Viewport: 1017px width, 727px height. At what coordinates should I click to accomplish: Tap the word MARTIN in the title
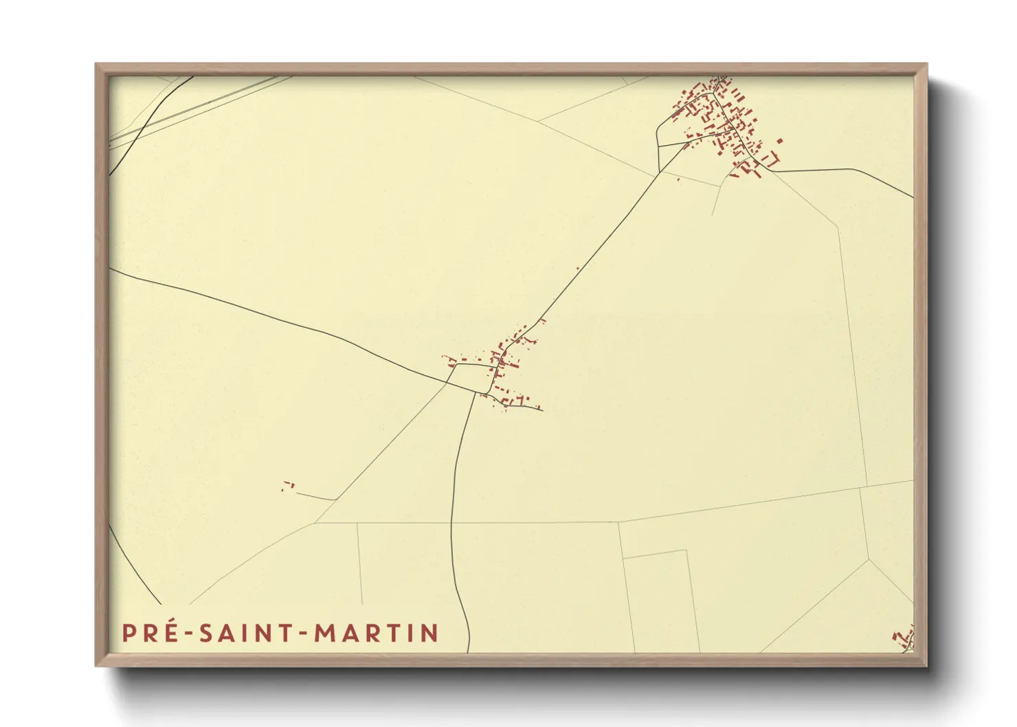377,633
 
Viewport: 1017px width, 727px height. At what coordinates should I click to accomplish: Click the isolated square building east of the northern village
779,141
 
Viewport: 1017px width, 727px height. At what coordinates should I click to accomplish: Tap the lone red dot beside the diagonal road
578,268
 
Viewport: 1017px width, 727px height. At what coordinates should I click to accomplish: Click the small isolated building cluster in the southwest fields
288,486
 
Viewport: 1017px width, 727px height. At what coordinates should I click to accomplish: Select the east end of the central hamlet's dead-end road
542,410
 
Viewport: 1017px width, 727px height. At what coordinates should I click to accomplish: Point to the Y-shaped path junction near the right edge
869,559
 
